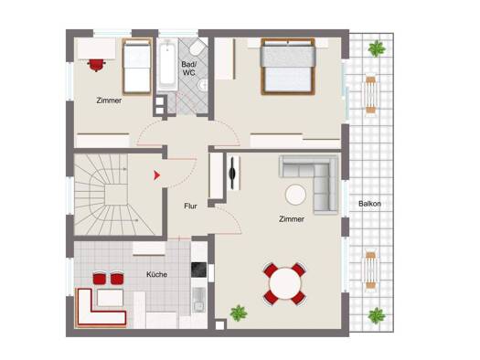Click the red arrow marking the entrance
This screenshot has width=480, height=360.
pos(156,175)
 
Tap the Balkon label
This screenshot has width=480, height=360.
pos(369,204)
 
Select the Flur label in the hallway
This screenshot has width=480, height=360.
pos(190,206)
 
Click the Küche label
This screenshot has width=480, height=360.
pos(156,274)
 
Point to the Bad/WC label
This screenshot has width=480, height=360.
pos(188,69)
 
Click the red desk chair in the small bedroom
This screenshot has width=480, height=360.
pos(96,65)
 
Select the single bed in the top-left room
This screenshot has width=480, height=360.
pos(137,66)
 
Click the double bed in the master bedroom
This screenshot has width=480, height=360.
pos(288,66)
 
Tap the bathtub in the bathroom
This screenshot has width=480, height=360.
pos(167,64)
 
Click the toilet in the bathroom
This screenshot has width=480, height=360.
pos(197,48)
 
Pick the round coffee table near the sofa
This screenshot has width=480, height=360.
pos(295,195)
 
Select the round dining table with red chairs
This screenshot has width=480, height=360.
pos(285,284)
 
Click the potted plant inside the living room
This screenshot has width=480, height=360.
pos(239,312)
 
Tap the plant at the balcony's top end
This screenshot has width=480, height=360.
pos(377,48)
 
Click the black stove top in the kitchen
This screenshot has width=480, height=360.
pos(198,270)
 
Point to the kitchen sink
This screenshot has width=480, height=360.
pos(199,300)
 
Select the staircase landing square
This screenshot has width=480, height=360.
pos(116,195)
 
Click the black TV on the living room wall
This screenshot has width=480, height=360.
pos(232,173)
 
